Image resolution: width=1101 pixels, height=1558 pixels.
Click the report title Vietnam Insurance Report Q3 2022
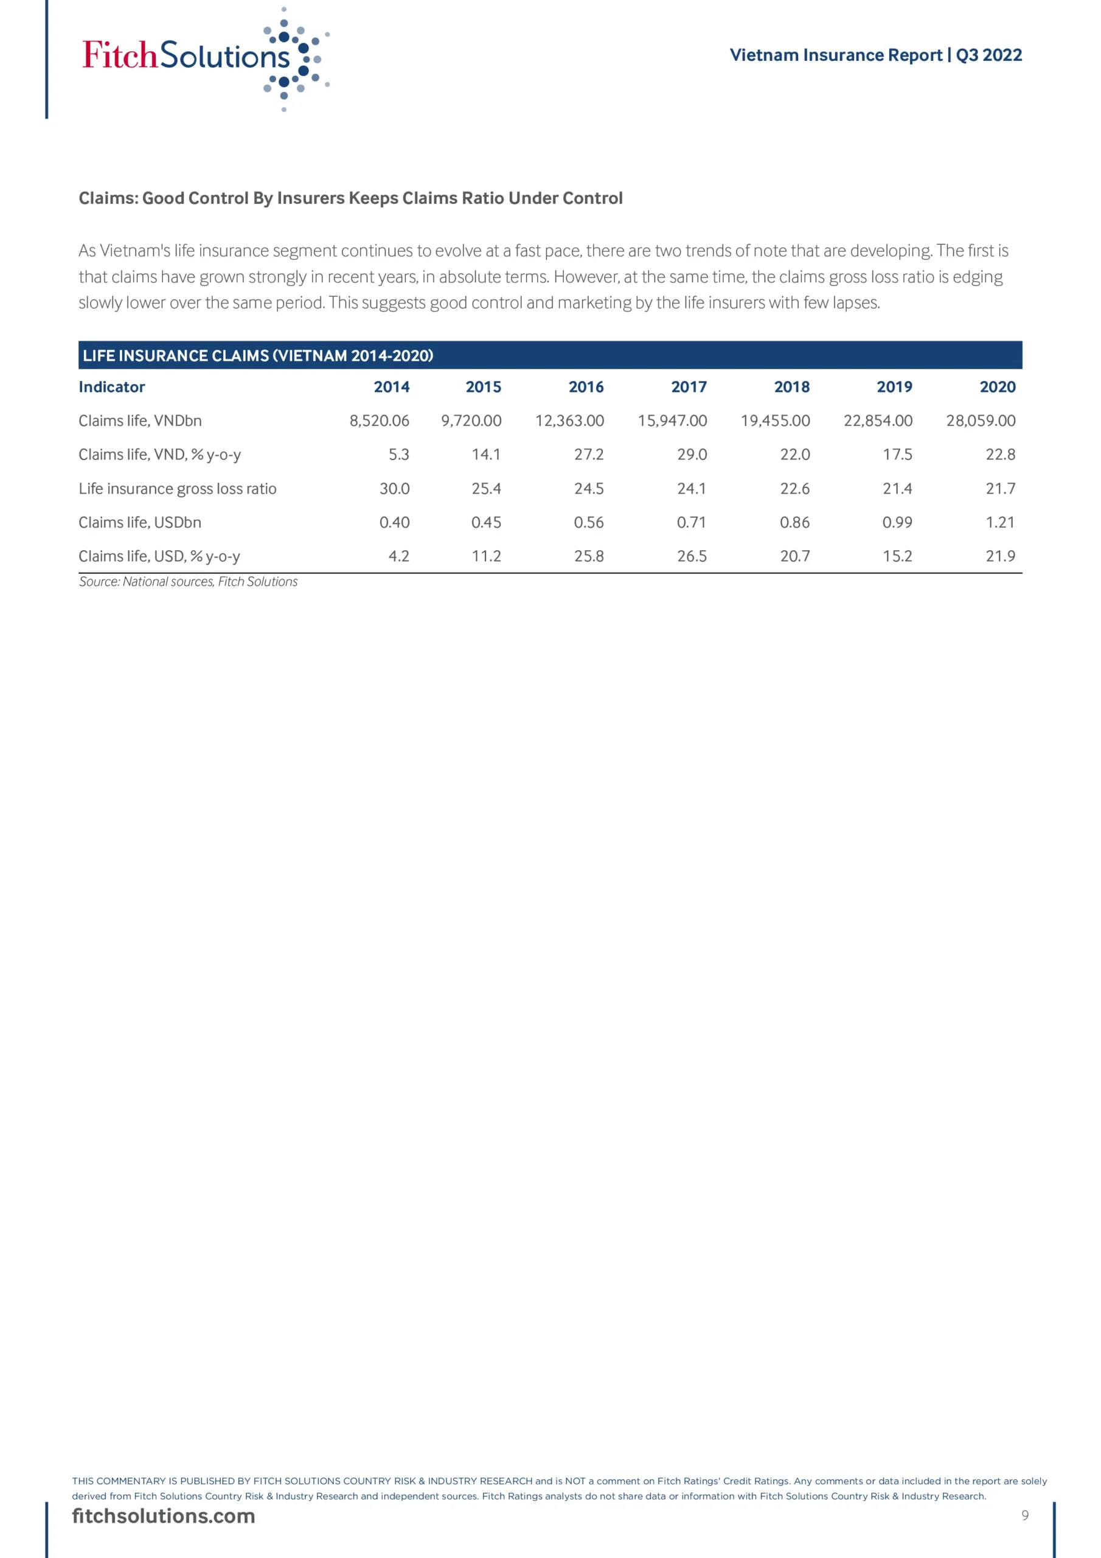pyautogui.click(x=875, y=55)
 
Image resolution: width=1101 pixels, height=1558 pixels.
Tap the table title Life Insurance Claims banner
pyautogui.click(x=258, y=355)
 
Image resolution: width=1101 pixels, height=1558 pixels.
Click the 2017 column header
pyautogui.click(x=689, y=387)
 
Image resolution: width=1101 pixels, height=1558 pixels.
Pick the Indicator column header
pyautogui.click(x=112, y=387)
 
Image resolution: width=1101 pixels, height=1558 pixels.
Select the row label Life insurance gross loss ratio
pyautogui.click(x=177, y=489)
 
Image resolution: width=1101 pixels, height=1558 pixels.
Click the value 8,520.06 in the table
pyautogui.click(x=379, y=421)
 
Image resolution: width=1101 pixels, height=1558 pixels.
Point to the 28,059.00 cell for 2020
pyautogui.click(x=980, y=421)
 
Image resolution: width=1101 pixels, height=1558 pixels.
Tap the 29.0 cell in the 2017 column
pyautogui.click(x=692, y=455)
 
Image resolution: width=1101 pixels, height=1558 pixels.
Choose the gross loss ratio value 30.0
pyautogui.click(x=394, y=489)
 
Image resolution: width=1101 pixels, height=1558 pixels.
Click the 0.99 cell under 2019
pyautogui.click(x=897, y=523)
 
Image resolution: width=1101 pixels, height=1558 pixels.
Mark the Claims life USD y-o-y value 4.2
pyautogui.click(x=399, y=556)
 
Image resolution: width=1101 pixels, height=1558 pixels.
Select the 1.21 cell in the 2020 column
pyautogui.click(x=1000, y=523)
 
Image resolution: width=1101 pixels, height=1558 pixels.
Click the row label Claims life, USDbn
pyautogui.click(x=140, y=523)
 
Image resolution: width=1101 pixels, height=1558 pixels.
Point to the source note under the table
pyautogui.click(x=188, y=582)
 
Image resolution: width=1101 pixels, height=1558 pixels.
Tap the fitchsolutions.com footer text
pyautogui.click(x=164, y=1515)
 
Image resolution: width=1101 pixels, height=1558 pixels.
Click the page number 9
pyautogui.click(x=1024, y=1515)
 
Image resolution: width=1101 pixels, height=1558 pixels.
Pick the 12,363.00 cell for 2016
pyautogui.click(x=569, y=421)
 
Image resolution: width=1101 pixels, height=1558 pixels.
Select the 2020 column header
pyautogui.click(x=997, y=387)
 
